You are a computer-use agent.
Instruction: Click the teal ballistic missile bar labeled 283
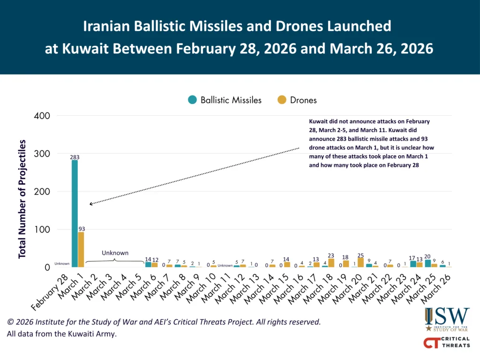(75, 213)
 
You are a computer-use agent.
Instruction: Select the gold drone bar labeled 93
(81, 249)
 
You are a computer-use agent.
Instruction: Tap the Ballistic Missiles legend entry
(225, 100)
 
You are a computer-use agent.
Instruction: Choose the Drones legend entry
(297, 100)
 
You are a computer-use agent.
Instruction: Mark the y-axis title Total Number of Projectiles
(22, 199)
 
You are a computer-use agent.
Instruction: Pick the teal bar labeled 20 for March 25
(428, 263)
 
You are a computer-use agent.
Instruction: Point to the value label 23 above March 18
(331, 255)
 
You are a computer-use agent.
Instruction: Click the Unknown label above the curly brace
(115, 253)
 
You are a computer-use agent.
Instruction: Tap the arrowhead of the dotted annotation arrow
(90, 204)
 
